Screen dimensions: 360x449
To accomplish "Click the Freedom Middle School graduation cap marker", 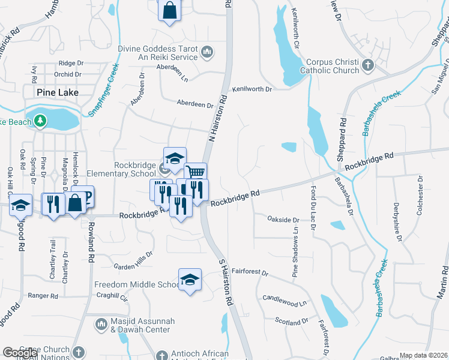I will coord(190,280).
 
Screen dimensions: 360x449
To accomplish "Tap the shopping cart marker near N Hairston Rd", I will coord(195,173).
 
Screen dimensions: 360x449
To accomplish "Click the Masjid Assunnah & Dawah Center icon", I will coord(101,325).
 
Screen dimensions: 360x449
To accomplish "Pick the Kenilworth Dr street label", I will coord(253,89).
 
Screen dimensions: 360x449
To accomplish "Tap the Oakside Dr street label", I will coord(283,220).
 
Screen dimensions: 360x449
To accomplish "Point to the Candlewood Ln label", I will coord(285,298).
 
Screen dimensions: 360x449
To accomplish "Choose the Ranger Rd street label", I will coord(43,296).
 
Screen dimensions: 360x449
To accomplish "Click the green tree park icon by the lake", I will coord(41,121).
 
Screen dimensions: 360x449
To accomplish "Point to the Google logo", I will coord(20,353).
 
